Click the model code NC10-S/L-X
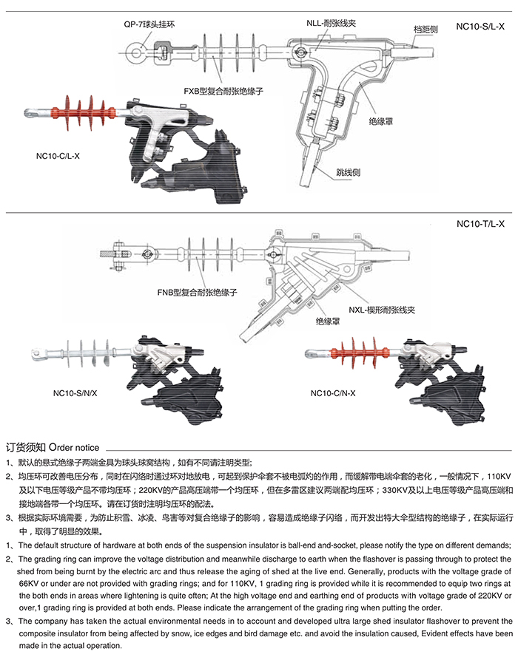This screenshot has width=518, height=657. click(x=481, y=27)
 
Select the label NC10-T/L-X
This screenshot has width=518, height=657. click(x=481, y=224)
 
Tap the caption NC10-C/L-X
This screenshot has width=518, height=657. click(x=57, y=156)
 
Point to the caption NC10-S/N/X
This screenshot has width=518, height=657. click(x=75, y=393)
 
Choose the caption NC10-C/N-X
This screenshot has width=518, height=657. click(x=333, y=393)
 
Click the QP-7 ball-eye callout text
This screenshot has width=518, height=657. click(x=150, y=24)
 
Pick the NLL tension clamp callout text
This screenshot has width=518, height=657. click(x=332, y=24)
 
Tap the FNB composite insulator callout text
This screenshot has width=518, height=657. click(x=196, y=293)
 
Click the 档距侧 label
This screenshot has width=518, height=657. click(x=425, y=29)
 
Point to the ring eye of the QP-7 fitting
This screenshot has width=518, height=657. click(x=135, y=52)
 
